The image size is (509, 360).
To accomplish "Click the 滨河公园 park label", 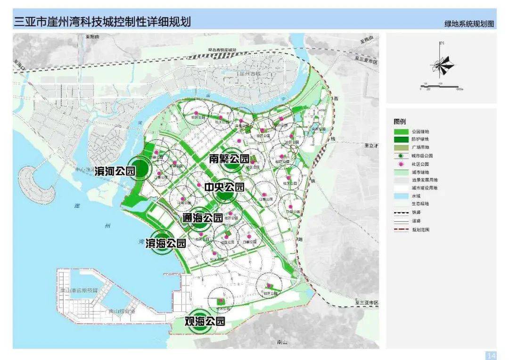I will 115,171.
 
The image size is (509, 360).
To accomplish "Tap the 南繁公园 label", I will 229,159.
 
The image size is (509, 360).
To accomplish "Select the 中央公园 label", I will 224,187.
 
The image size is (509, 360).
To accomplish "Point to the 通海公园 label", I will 203,218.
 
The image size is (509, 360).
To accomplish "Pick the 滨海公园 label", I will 165,243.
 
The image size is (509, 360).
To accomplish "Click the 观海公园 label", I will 205,322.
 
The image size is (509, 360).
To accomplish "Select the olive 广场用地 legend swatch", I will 401,148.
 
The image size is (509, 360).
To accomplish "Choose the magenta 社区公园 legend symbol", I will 401,164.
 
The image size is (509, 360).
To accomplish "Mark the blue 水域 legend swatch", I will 401,196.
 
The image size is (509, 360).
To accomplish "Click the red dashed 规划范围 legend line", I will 401,229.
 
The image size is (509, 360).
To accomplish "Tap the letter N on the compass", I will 442,43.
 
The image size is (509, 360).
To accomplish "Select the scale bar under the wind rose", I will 441,87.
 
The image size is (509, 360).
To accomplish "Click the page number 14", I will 491,355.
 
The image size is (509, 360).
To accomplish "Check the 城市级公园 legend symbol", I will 401,156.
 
